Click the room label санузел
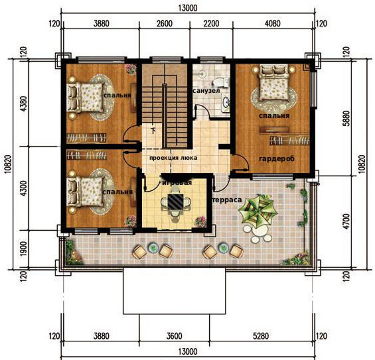click(206, 91)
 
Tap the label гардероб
click(277, 158)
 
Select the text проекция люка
click(173, 158)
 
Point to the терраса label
click(227, 200)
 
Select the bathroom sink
click(225, 103)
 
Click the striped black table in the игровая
click(175, 202)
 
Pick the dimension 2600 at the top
click(165, 24)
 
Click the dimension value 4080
click(273, 24)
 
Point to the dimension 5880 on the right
click(347, 118)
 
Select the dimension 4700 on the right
click(347, 221)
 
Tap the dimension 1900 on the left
click(23, 249)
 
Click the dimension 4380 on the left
click(23, 103)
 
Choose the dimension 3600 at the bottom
click(174, 336)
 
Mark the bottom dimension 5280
click(260, 336)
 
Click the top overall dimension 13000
click(188, 8)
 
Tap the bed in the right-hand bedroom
click(273, 82)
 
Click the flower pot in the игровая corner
click(200, 221)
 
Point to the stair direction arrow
click(153, 130)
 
